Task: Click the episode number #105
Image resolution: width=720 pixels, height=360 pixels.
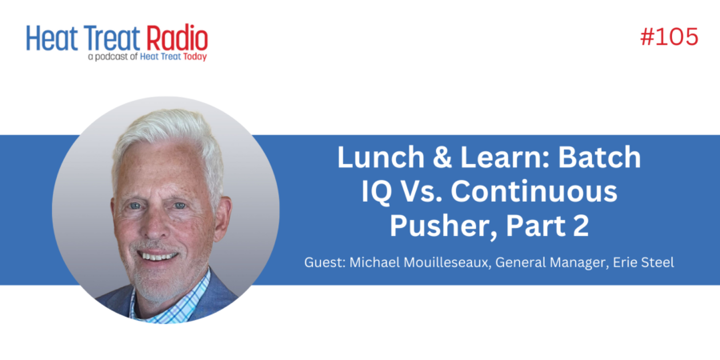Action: [669, 37]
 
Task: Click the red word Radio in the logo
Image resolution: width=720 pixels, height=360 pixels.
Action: [178, 38]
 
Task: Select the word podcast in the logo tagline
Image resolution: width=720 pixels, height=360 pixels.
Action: [117, 58]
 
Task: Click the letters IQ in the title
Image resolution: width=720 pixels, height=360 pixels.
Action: [377, 192]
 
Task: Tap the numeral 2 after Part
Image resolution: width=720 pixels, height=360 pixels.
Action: [581, 226]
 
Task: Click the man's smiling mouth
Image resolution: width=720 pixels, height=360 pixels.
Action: [157, 255]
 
